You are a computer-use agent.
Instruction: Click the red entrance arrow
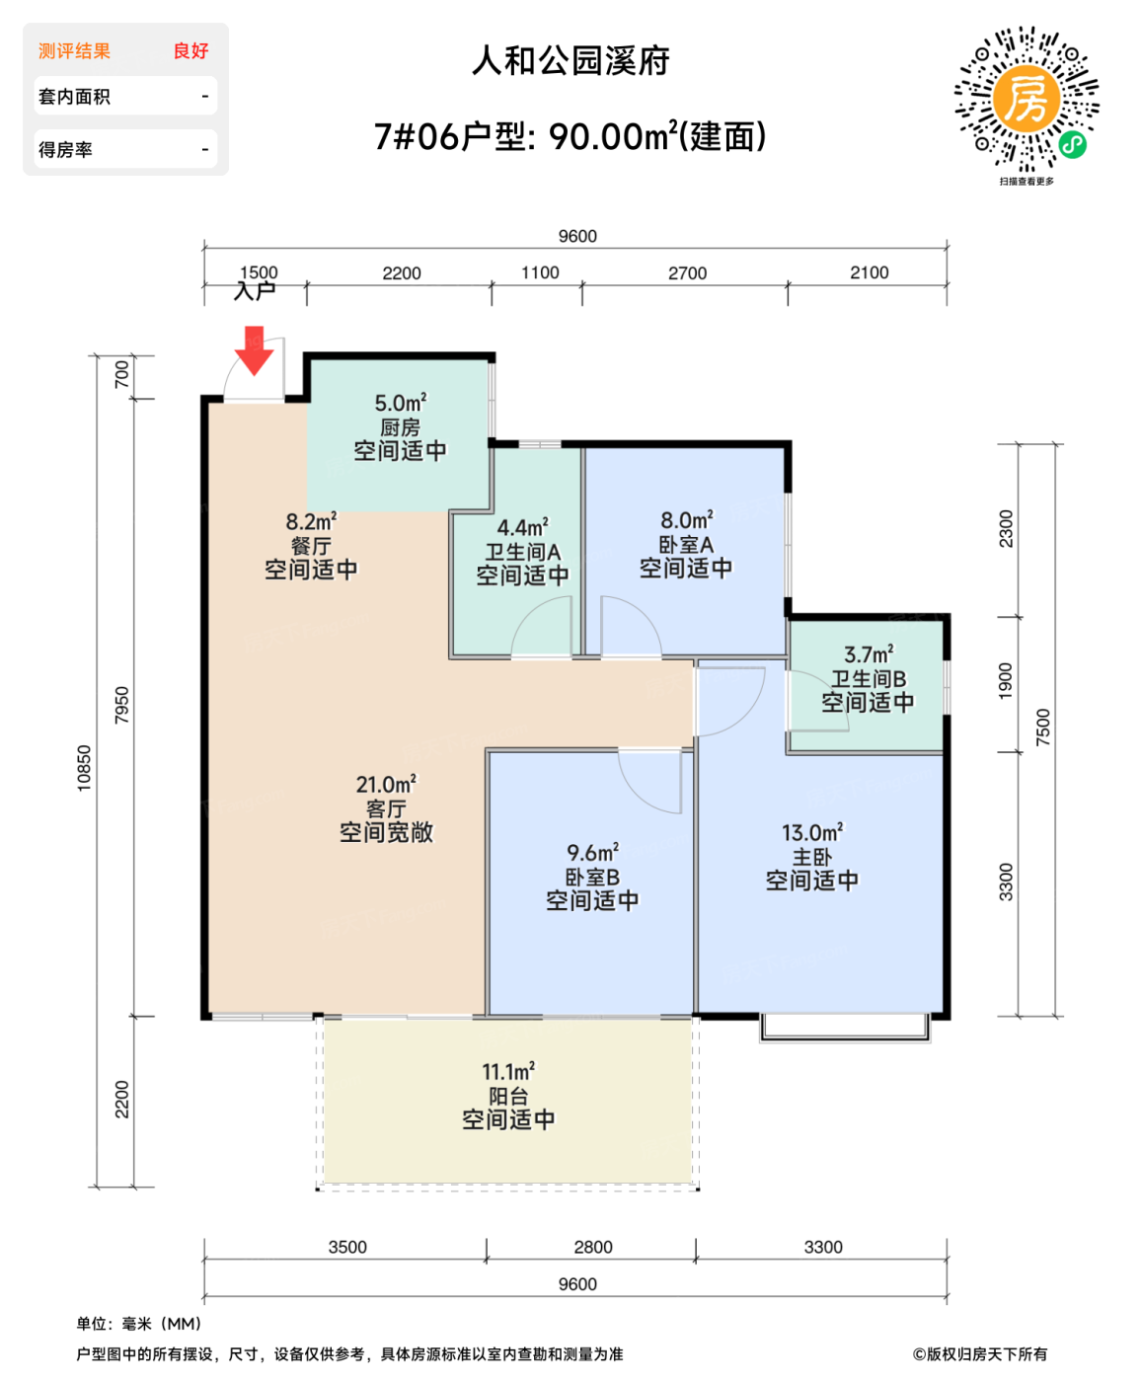point(254,352)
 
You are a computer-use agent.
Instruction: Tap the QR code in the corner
point(1027,100)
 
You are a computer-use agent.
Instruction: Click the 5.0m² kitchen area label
point(400,404)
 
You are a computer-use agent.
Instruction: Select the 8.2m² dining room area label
point(311,522)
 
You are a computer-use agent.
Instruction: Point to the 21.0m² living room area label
point(386,785)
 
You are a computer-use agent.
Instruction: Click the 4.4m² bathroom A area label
point(522,528)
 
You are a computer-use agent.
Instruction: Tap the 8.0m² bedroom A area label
point(687,520)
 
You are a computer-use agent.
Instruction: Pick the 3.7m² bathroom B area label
point(869,654)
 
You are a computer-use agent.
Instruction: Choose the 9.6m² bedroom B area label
point(592,853)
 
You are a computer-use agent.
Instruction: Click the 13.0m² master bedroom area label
point(812,833)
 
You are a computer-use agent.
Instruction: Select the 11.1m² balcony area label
point(508,1072)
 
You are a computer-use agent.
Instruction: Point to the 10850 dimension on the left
point(85,768)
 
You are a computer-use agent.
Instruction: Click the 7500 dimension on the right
point(1043,728)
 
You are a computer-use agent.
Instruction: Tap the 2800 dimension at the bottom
point(593,1247)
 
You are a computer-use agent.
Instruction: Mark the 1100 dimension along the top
point(540,272)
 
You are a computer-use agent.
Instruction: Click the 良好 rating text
point(190,51)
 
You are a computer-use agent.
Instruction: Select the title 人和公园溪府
point(570,61)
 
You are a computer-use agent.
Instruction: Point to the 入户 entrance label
point(255,291)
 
